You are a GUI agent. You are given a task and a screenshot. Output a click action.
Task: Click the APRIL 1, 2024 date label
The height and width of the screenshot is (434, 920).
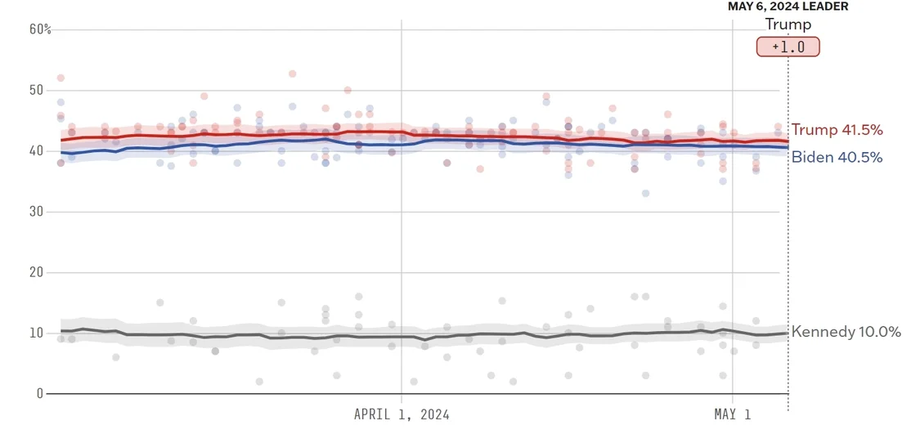pos(402,414)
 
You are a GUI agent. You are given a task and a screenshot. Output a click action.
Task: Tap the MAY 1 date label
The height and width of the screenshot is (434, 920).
pos(732,414)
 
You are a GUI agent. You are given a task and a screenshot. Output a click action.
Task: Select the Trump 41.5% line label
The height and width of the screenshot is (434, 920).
pos(837,131)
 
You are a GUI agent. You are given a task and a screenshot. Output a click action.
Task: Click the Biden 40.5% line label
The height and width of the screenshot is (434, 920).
pos(837,158)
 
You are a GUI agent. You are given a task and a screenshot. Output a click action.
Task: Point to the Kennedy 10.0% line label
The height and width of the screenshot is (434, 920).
pos(846,332)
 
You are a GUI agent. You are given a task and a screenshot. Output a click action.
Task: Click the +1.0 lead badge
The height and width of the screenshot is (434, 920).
pos(788,47)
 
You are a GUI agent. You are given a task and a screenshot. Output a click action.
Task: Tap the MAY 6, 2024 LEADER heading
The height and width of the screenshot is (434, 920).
pos(788,7)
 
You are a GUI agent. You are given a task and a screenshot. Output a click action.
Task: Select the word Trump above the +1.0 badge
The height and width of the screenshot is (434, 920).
pos(788,25)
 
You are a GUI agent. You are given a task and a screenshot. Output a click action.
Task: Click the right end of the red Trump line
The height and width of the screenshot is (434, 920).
pos(788,141)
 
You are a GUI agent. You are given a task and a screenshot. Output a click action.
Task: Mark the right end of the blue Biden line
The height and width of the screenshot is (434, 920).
pos(788,148)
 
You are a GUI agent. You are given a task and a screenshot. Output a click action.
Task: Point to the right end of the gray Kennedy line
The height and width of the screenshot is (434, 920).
pos(788,333)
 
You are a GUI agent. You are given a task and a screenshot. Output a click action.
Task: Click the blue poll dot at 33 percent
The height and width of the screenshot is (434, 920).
pos(645,194)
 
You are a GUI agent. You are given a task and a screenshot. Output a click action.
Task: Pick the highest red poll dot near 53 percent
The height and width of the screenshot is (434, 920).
pos(292,74)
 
